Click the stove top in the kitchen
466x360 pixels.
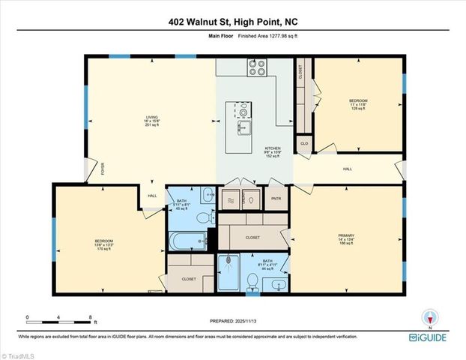pyautogui.click(x=256, y=68)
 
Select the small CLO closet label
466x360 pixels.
pyautogui.click(x=304, y=142)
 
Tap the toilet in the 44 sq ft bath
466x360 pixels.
pyautogui.click(x=252, y=281)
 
